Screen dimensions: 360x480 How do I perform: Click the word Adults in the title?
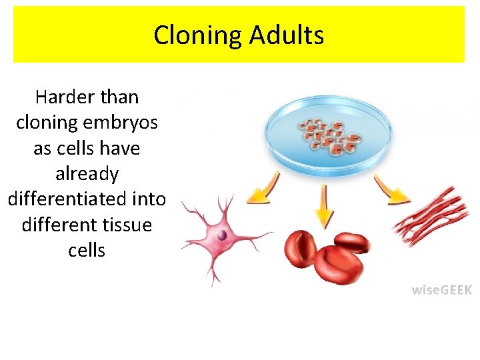287,35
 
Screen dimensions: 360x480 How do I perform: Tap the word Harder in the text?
61,97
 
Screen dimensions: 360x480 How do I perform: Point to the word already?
87,174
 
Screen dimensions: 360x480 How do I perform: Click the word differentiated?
67,199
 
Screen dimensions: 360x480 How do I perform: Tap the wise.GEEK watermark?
441,289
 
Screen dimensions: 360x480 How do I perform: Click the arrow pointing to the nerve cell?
259,194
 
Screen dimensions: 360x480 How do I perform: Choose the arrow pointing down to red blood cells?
324,206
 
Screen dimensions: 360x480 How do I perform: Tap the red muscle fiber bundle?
431,216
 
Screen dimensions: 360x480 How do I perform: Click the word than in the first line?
120,97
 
